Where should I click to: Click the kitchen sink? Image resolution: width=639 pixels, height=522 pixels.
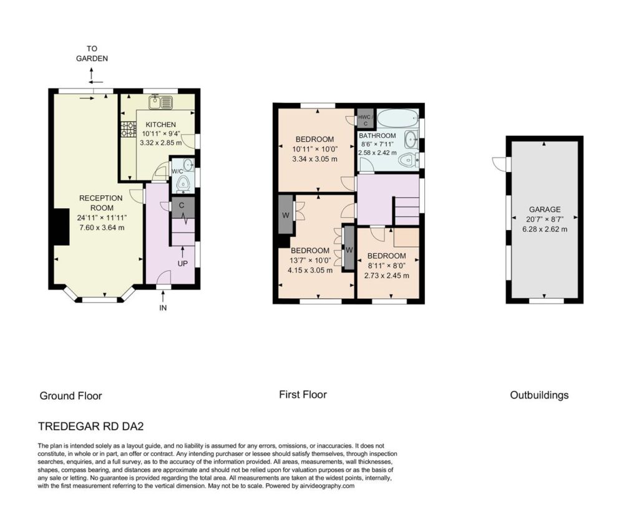(161, 102)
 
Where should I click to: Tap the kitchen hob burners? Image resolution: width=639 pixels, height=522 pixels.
(128, 130)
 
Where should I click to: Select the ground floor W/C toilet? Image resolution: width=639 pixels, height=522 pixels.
(185, 185)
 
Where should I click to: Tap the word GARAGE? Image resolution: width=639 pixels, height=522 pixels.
(545, 210)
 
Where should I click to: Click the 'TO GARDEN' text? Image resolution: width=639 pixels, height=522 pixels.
(92, 54)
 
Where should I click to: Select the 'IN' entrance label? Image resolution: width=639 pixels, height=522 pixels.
(163, 308)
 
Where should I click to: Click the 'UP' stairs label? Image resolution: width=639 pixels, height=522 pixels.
(183, 263)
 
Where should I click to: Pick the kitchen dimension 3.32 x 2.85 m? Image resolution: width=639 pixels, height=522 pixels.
(160, 143)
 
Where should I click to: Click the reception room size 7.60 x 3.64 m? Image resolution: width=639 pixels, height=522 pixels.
(102, 228)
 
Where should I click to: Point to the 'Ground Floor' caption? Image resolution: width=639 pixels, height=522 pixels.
(71, 396)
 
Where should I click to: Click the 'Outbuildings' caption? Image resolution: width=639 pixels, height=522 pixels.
(539, 395)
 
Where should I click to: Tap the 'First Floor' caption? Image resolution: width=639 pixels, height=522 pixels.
(303, 395)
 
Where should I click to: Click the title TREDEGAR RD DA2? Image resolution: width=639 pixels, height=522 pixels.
(91, 427)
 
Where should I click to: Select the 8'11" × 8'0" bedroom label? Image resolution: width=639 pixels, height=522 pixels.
(386, 266)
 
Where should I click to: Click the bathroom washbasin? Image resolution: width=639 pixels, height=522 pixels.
(412, 140)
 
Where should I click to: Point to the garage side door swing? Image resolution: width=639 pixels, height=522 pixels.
(499, 163)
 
